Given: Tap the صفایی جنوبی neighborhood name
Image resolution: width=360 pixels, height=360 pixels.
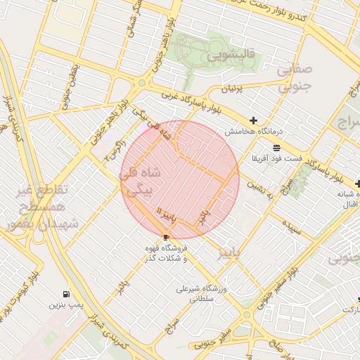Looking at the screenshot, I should coord(290,79).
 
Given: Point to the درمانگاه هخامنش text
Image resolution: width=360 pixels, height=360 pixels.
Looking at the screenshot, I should coord(253,131).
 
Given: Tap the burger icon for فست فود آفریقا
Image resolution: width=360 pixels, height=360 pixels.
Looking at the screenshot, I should coord(276,148).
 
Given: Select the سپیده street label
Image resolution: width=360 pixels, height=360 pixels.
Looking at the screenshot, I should coord(292,225).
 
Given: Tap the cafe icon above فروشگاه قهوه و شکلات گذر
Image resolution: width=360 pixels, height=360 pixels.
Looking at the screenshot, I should coord(165,237).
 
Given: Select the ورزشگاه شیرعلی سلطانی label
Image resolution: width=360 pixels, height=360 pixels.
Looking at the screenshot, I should coord(200,293).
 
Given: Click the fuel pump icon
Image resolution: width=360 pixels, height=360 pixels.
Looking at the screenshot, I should coord(66,294).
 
